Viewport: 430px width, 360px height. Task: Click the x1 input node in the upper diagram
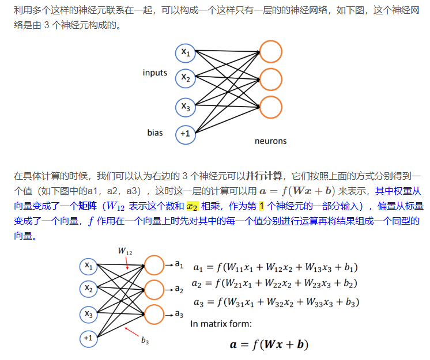click(186, 53)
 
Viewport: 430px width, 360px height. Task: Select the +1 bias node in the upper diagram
click(186, 133)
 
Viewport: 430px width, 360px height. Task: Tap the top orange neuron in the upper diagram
click(271, 52)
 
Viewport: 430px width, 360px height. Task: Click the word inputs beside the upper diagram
click(155, 73)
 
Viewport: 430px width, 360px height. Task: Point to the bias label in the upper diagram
click(155, 133)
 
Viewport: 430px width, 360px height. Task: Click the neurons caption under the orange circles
click(270, 141)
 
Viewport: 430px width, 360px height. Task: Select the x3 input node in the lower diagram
click(88, 313)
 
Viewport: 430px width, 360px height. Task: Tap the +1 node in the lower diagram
click(88, 338)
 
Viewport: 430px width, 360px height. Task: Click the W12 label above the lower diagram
click(125, 251)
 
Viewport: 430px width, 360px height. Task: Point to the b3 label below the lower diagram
click(145, 341)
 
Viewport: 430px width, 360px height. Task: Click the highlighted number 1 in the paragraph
click(261, 206)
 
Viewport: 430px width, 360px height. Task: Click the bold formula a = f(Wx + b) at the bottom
click(269, 344)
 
